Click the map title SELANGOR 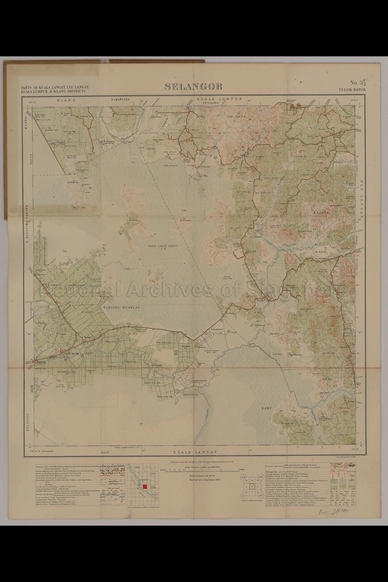[194, 87]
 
